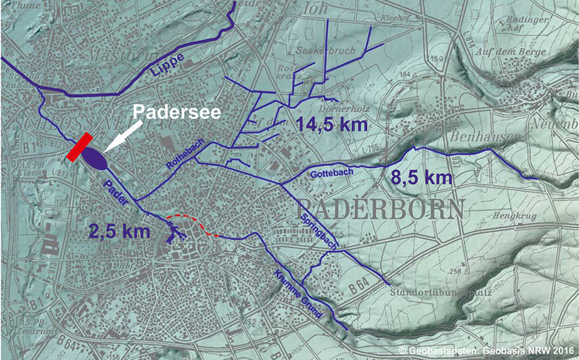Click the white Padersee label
pyautogui.click(x=178, y=112)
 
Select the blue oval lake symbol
pyautogui.click(x=94, y=157)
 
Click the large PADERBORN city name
pyautogui.click(x=382, y=209)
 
